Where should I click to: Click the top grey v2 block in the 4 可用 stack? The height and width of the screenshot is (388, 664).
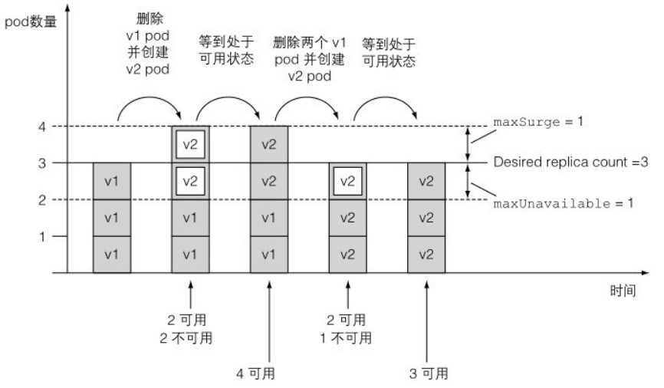pos(269,144)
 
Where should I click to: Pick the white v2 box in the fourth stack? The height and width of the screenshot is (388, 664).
pos(348,181)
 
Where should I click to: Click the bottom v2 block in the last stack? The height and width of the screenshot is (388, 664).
pos(427,255)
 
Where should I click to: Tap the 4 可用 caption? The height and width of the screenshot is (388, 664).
pos(256,373)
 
